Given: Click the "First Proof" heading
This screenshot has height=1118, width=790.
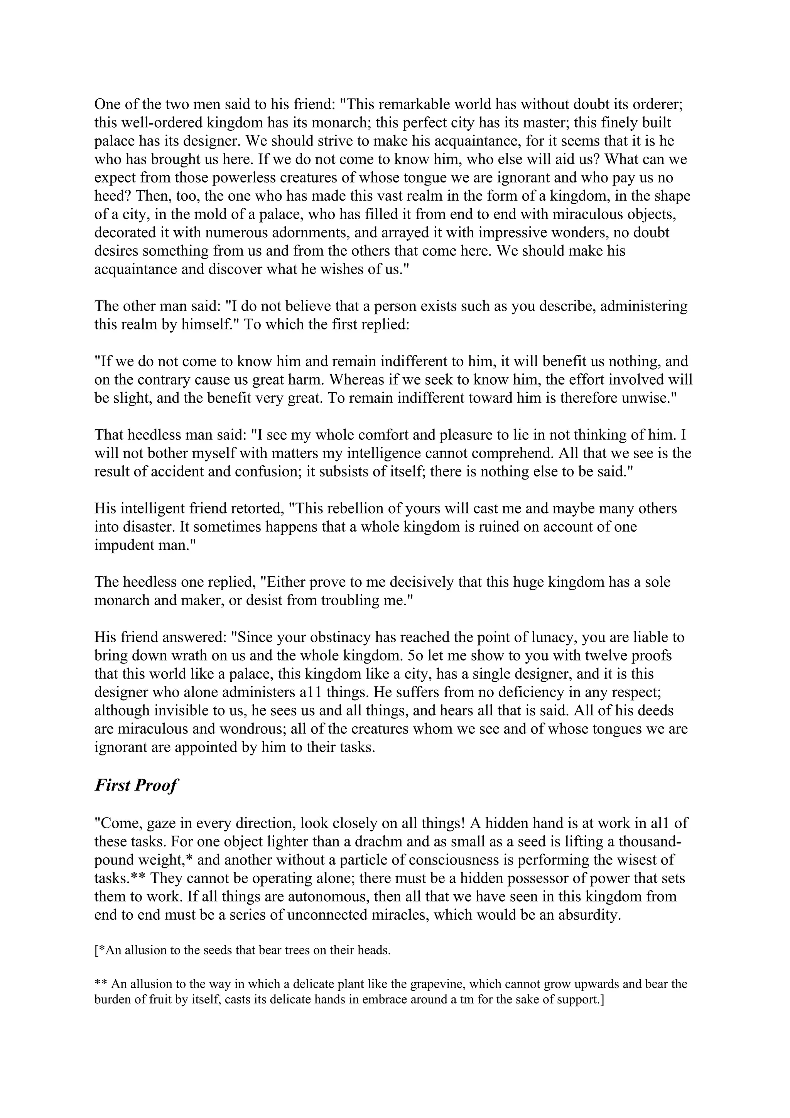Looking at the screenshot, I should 136,785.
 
